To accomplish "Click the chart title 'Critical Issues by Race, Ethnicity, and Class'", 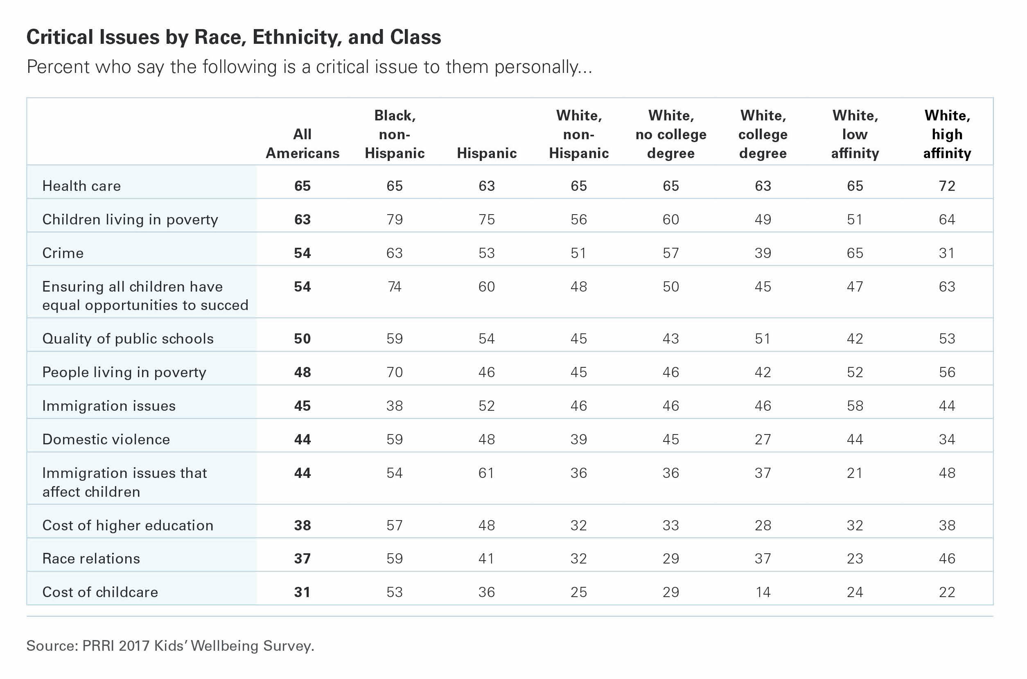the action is tap(234, 37).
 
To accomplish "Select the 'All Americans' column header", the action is tap(302, 143).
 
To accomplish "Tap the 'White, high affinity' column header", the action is tap(947, 134).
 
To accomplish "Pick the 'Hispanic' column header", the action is tap(487, 153).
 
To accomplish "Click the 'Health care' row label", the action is tap(81, 186).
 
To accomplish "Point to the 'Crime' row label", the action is tap(63, 253).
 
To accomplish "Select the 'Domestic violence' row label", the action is tap(106, 439).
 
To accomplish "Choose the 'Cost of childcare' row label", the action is tap(100, 592).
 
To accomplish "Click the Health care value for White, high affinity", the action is tap(947, 186).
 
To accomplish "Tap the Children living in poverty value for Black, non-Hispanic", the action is tap(395, 220).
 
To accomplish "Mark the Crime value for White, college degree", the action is tap(763, 253).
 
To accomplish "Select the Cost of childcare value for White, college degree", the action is tap(763, 592).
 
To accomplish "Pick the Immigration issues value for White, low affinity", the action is tap(855, 406).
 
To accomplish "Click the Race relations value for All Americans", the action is tap(302, 559).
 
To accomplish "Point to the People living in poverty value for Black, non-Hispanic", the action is tap(395, 372).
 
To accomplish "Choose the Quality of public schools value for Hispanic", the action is tap(487, 339).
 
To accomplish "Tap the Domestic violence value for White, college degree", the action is tap(763, 439).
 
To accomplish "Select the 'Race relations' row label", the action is tap(91, 559).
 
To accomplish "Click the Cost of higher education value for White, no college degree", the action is tap(671, 525).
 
